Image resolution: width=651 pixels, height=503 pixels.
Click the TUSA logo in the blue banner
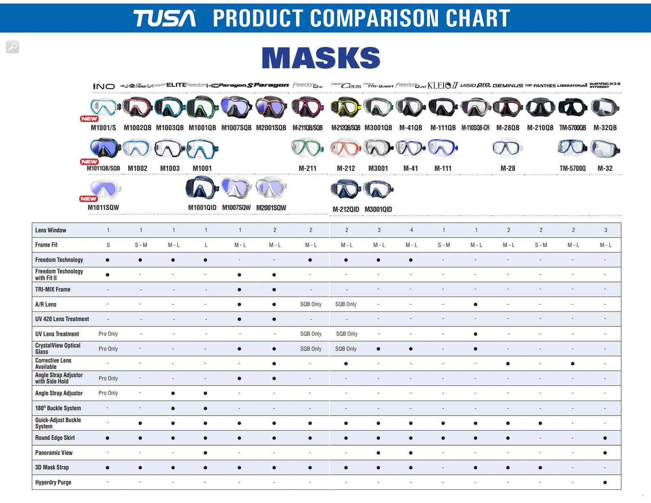coord(164,18)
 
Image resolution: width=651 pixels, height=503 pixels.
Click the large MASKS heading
coord(321,58)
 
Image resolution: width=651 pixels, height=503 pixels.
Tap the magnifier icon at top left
coord(13,47)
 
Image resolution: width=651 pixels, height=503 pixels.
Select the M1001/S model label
coord(103,128)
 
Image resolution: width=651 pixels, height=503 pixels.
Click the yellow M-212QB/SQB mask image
coord(345,107)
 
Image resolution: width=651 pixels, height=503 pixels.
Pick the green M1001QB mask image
coord(202,107)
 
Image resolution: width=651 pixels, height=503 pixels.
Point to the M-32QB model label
coord(605,128)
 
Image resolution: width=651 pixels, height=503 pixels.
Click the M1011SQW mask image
coord(105,189)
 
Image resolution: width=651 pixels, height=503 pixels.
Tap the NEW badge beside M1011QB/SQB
coord(89,162)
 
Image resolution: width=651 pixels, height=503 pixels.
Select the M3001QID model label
coord(378,209)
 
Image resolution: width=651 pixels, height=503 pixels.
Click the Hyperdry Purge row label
coord(53,482)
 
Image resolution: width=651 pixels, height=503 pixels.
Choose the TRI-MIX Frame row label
coord(53,289)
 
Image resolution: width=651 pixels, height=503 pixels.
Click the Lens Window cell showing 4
coord(411,230)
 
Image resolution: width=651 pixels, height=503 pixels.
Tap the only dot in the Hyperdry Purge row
coord(605,482)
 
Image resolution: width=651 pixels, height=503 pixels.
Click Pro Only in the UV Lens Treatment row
coord(108,334)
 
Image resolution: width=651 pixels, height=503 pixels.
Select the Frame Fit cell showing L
coord(206,245)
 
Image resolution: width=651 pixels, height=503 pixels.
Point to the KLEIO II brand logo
coord(443,85)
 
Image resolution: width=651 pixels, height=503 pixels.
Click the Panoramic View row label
coord(54,453)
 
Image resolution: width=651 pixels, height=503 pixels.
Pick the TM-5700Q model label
coord(572,168)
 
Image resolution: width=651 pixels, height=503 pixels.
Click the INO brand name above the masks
coord(104,86)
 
